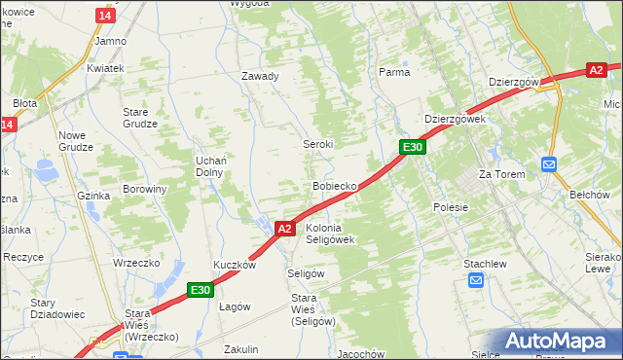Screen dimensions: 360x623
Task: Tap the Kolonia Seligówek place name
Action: (x=332, y=233)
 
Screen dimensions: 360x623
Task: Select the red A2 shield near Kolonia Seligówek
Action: (x=283, y=229)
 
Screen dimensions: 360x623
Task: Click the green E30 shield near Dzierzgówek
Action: (x=413, y=147)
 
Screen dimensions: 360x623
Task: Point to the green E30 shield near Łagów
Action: (x=201, y=289)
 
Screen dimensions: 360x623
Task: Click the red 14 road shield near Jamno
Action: (x=105, y=17)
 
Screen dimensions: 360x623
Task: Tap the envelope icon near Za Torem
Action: (x=549, y=164)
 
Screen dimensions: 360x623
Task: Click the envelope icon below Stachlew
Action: (x=475, y=281)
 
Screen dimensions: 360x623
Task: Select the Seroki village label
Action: (x=317, y=144)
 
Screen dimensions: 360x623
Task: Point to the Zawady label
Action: (x=260, y=76)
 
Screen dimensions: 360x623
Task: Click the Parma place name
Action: (x=394, y=72)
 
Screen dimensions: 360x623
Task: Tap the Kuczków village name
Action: (x=235, y=265)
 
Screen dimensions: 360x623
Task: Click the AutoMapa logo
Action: (x=560, y=342)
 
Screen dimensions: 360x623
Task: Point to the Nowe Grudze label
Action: (x=75, y=141)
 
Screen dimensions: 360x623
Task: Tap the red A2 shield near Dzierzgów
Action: (x=596, y=70)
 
